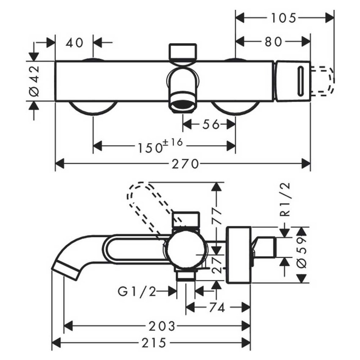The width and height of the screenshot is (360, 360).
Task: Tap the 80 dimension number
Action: (x=273, y=42)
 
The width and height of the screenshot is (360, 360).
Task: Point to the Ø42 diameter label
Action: (x=34, y=80)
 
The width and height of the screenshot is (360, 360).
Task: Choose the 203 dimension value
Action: (x=162, y=326)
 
